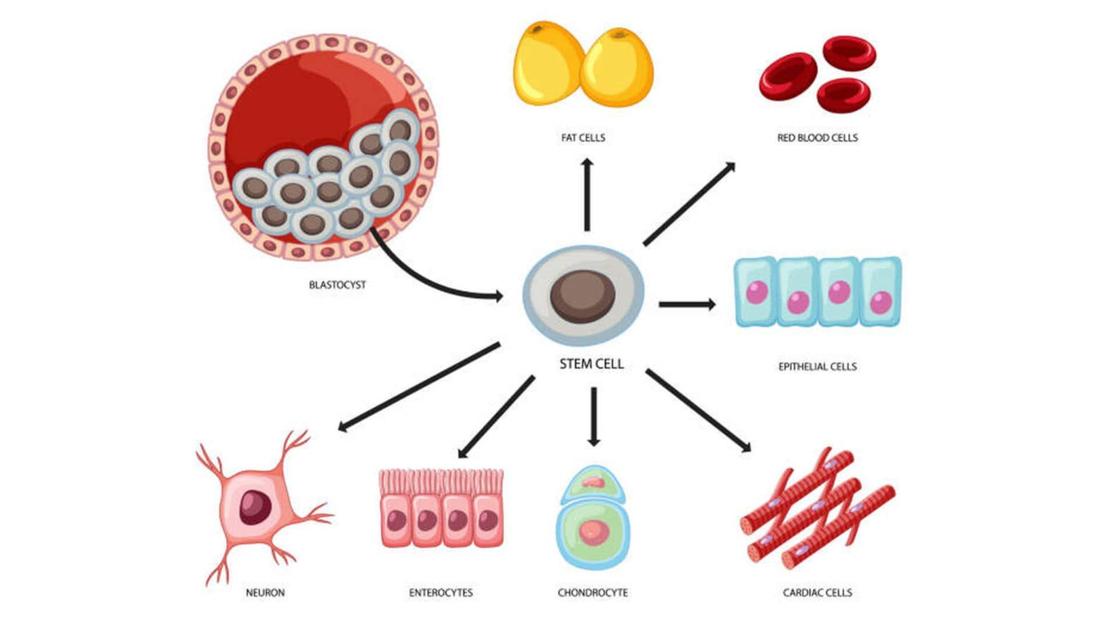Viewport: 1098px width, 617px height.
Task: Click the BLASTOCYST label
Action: coord(337,285)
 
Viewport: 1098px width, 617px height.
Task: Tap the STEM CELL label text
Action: coord(591,364)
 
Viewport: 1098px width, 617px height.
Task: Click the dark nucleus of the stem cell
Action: coord(583,296)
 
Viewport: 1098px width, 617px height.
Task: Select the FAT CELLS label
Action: coord(583,138)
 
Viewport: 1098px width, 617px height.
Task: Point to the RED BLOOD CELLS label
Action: coord(817,138)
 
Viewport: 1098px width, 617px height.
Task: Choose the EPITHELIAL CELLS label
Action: coord(817,367)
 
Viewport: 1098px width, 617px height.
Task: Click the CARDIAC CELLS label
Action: coord(817,593)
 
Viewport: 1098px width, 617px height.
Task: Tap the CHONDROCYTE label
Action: coord(592,593)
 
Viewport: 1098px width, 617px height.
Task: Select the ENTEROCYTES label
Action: coord(440,593)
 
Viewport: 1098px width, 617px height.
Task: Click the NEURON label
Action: coord(265,593)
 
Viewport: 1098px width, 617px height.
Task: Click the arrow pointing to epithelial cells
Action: coord(686,304)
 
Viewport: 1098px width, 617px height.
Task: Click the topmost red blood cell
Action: coord(849,53)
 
